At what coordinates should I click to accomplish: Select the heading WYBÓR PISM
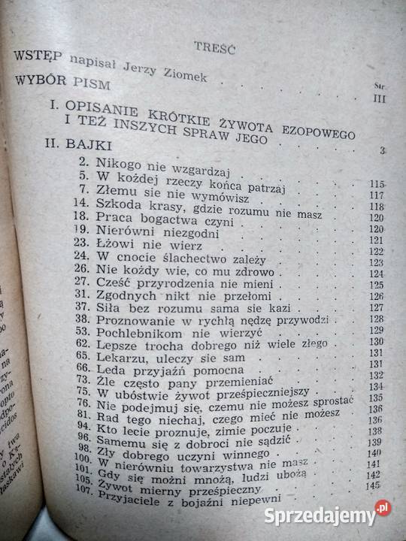point(60,80)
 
